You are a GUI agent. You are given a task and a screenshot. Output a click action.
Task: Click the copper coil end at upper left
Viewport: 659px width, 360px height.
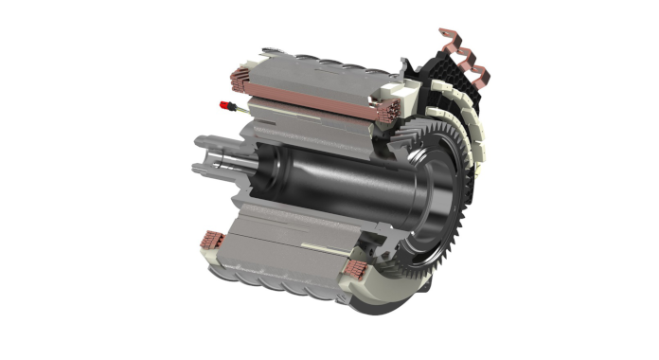tap(238, 76)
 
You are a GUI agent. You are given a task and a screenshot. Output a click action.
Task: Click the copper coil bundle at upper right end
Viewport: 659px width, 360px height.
tap(387, 112)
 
